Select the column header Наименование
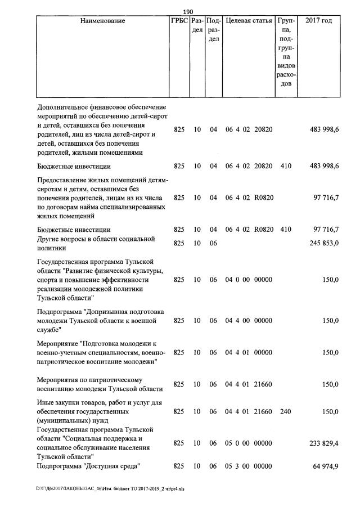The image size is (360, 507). tap(102, 21)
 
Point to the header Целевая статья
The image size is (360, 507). tap(249, 21)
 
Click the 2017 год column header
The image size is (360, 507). tap(318, 21)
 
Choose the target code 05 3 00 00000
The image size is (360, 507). tap(249, 466)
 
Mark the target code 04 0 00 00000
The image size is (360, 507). tap(249, 280)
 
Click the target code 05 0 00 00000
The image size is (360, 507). tap(249, 443)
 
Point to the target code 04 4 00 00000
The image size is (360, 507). tap(249, 320)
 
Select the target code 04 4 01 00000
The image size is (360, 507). tap(249, 352)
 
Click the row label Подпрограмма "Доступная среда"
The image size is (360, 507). tap(88, 466)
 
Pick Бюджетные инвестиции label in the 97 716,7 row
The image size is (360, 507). tap(74, 230)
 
